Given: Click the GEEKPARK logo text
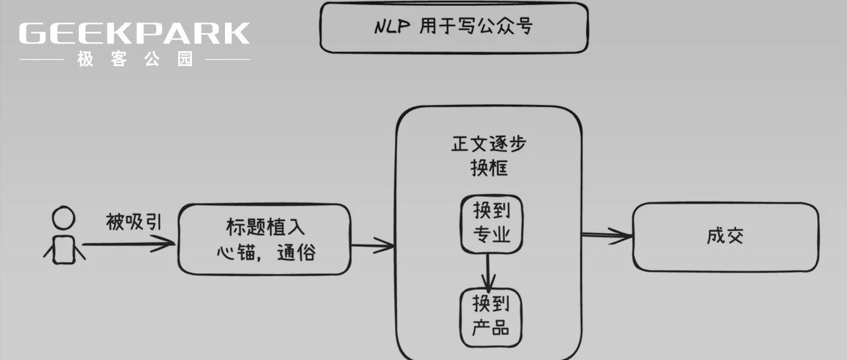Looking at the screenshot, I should click(134, 34).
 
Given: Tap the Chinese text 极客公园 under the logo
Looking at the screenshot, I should click(135, 60).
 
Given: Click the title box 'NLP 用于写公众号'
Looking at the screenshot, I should click(453, 27).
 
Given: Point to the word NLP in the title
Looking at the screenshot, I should click(392, 26).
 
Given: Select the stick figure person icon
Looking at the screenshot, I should click(64, 236).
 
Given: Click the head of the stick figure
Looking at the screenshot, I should click(64, 218).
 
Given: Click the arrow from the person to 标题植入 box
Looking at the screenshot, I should click(129, 244).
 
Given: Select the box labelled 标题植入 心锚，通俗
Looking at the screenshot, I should click(264, 239).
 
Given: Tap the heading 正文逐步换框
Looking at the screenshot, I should click(489, 156).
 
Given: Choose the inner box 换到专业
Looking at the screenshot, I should click(491, 223).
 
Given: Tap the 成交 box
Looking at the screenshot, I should click(725, 237).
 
